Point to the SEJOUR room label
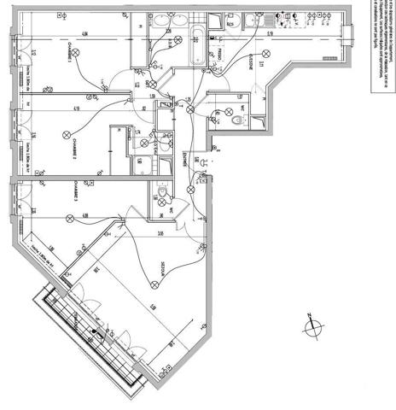pyautogui.click(x=162, y=271)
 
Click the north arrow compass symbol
pyautogui.click(x=312, y=328)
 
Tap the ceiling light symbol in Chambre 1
pyautogui.click(x=77, y=53)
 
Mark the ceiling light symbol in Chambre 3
pyautogui.click(x=68, y=218)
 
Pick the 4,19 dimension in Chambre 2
pyautogui.click(x=76, y=108)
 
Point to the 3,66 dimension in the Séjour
pyautogui.click(x=160, y=233)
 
